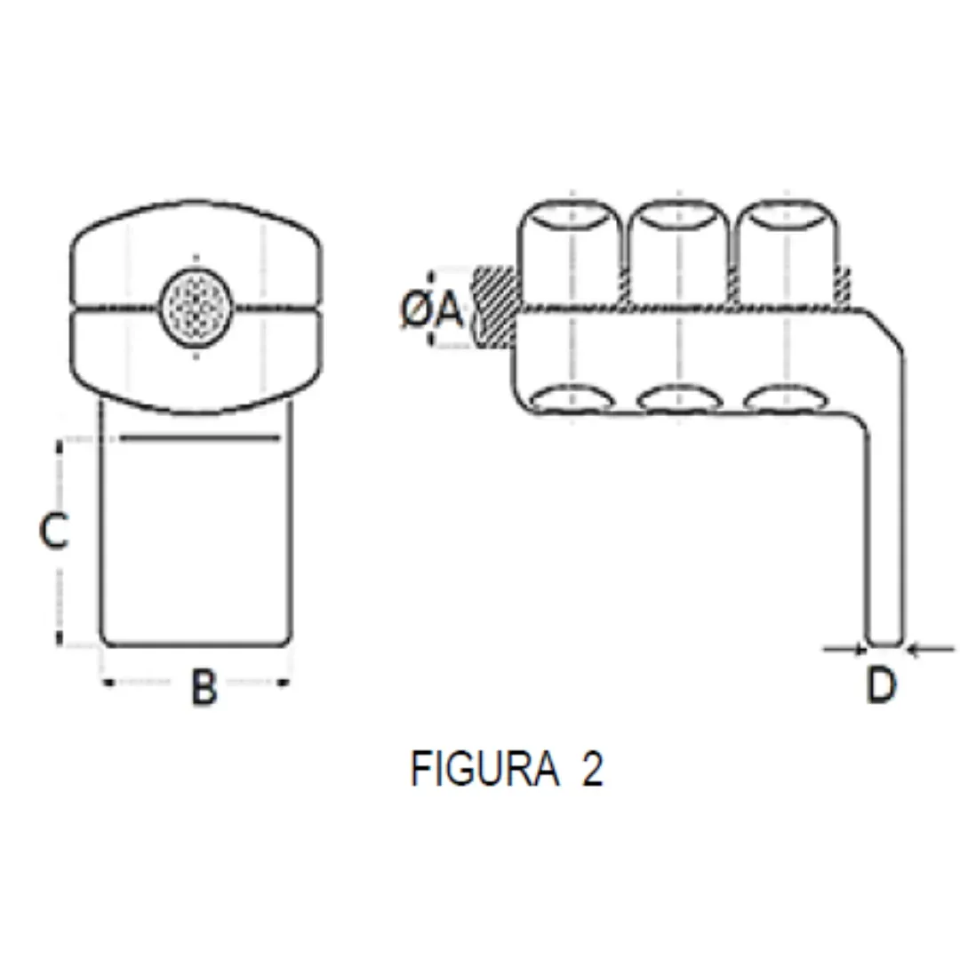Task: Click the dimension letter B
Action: pos(204,686)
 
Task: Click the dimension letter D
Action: pos(882,685)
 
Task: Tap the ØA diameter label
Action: pos(433,309)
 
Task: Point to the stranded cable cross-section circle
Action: pos(196,307)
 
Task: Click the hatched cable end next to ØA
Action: pos(494,308)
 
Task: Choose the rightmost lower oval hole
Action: pos(786,399)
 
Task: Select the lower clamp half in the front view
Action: pos(196,360)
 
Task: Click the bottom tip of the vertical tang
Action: pos(884,641)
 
